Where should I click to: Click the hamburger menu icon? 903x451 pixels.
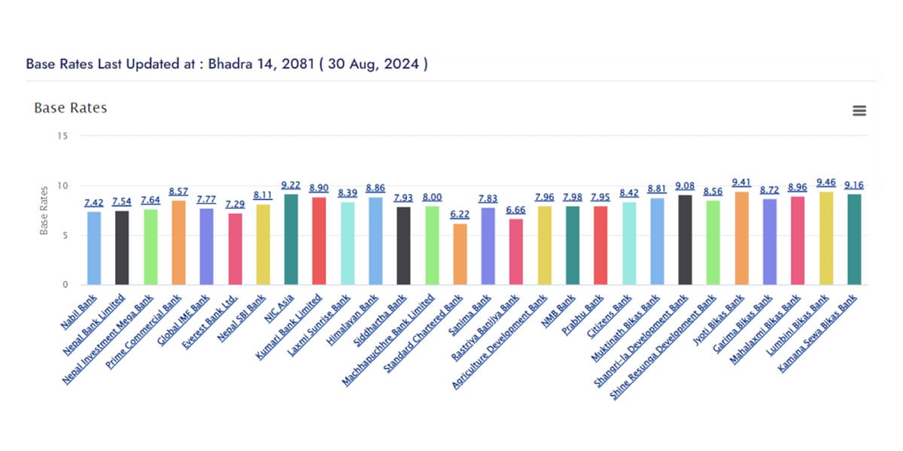pyautogui.click(x=859, y=110)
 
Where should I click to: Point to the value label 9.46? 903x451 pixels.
pyautogui.click(x=826, y=183)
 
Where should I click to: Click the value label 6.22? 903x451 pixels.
pyautogui.click(x=460, y=215)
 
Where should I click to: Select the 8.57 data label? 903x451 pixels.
pyautogui.click(x=178, y=192)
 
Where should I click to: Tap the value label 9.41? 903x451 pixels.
pyautogui.click(x=742, y=183)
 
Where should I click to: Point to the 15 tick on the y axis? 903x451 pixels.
pyautogui.click(x=62, y=136)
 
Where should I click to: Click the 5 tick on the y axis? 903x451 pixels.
pyautogui.click(x=64, y=235)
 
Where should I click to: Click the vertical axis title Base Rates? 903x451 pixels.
pyautogui.click(x=44, y=210)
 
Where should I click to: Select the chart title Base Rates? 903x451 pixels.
pyautogui.click(x=71, y=108)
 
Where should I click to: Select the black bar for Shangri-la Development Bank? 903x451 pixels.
pyautogui.click(x=685, y=240)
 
